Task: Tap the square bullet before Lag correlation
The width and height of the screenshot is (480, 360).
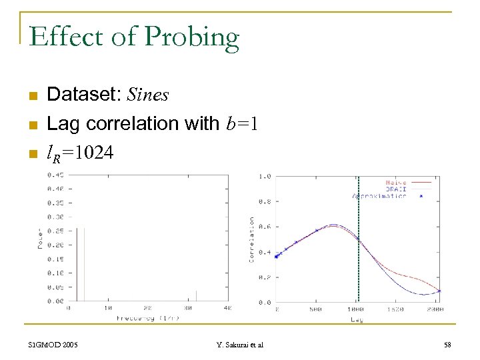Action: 31,125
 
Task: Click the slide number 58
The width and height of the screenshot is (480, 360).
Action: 447,345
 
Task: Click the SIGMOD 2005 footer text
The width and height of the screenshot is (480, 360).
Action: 53,345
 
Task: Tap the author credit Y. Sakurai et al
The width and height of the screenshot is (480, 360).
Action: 240,345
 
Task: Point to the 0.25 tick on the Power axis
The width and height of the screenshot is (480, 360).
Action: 55,231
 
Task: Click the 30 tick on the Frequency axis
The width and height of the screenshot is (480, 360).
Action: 187,309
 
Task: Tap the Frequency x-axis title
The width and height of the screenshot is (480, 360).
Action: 146,319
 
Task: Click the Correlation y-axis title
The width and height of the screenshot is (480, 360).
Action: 251,239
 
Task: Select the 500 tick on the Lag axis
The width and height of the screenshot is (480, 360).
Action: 317,309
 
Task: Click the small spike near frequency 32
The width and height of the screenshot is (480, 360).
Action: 196,296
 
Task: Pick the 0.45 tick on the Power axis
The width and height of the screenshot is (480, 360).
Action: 55,175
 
